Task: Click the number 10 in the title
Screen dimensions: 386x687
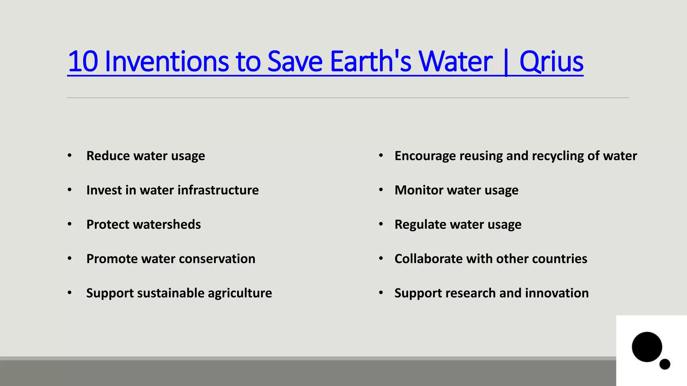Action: [83, 61]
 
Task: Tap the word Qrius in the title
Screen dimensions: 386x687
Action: [551, 61]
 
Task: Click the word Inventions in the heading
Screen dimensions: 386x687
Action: [166, 61]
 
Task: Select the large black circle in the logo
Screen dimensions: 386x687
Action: [647, 347]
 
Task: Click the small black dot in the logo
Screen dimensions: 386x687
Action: [665, 364]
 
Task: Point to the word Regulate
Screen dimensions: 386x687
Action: [420, 224]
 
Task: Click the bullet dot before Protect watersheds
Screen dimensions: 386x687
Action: [69, 224]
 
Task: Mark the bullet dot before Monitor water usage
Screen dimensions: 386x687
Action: [381, 190]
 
